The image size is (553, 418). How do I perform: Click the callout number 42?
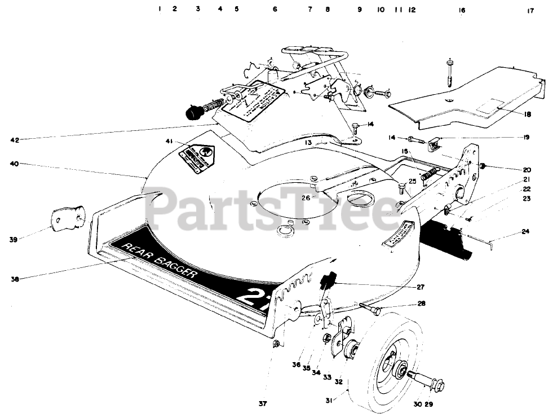pos(15,138)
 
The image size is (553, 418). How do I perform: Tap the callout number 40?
pos(15,164)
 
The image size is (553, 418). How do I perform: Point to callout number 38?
pos(15,279)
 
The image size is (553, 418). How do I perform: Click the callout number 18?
pos(527,115)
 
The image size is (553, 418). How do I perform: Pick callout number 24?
pos(526,231)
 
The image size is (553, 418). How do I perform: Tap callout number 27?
pos(421,287)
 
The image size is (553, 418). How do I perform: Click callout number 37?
pos(263,403)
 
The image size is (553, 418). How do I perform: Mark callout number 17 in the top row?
pos(530,10)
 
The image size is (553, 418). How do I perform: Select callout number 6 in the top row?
pos(275,9)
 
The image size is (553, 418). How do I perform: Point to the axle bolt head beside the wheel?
pos(434,385)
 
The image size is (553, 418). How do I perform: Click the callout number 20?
pos(527,170)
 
